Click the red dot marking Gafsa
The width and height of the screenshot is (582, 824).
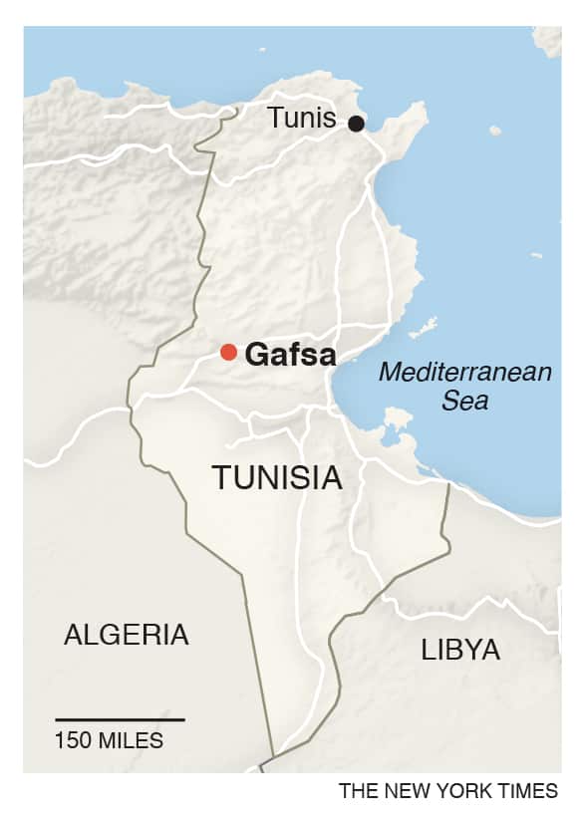[228, 352]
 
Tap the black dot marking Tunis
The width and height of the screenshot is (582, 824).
[356, 124]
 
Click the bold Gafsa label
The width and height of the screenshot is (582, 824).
[290, 355]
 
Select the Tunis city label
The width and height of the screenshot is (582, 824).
[302, 119]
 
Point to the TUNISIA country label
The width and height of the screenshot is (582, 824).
[277, 477]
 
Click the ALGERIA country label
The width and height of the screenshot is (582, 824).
[126, 634]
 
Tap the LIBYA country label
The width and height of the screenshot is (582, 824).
[460, 651]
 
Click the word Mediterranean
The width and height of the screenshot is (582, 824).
[465, 373]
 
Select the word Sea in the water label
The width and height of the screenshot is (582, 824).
[466, 401]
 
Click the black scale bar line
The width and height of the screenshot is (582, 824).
[120, 719]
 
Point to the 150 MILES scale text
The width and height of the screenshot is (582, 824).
[110, 741]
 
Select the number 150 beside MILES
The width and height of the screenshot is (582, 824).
[74, 741]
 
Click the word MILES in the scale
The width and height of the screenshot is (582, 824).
[131, 741]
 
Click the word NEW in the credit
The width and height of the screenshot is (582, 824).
[401, 791]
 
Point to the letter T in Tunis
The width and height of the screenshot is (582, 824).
[274, 119]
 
